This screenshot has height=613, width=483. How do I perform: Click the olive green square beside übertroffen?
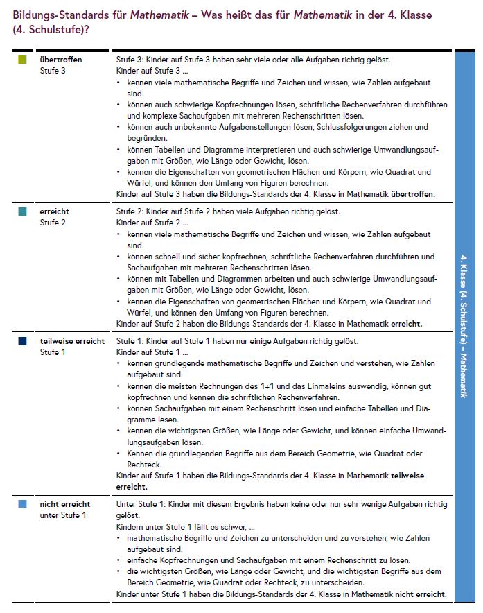point(23,60)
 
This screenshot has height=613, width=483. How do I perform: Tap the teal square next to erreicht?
point(23,212)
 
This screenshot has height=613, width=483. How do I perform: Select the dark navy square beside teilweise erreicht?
point(23,341)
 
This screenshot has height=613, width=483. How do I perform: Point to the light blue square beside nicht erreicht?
point(23,504)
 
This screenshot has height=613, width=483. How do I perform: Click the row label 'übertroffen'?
point(61,60)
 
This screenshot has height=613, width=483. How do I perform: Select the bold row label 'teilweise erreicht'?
point(72,341)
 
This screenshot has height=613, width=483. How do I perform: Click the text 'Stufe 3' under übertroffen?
point(53,70)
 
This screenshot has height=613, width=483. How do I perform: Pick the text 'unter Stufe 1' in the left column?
point(63,515)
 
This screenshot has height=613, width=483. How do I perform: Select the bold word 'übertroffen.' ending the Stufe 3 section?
point(413,194)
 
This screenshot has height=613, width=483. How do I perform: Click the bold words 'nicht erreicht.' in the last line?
point(421,595)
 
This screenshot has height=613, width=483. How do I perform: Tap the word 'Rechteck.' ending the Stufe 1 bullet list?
point(144,464)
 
